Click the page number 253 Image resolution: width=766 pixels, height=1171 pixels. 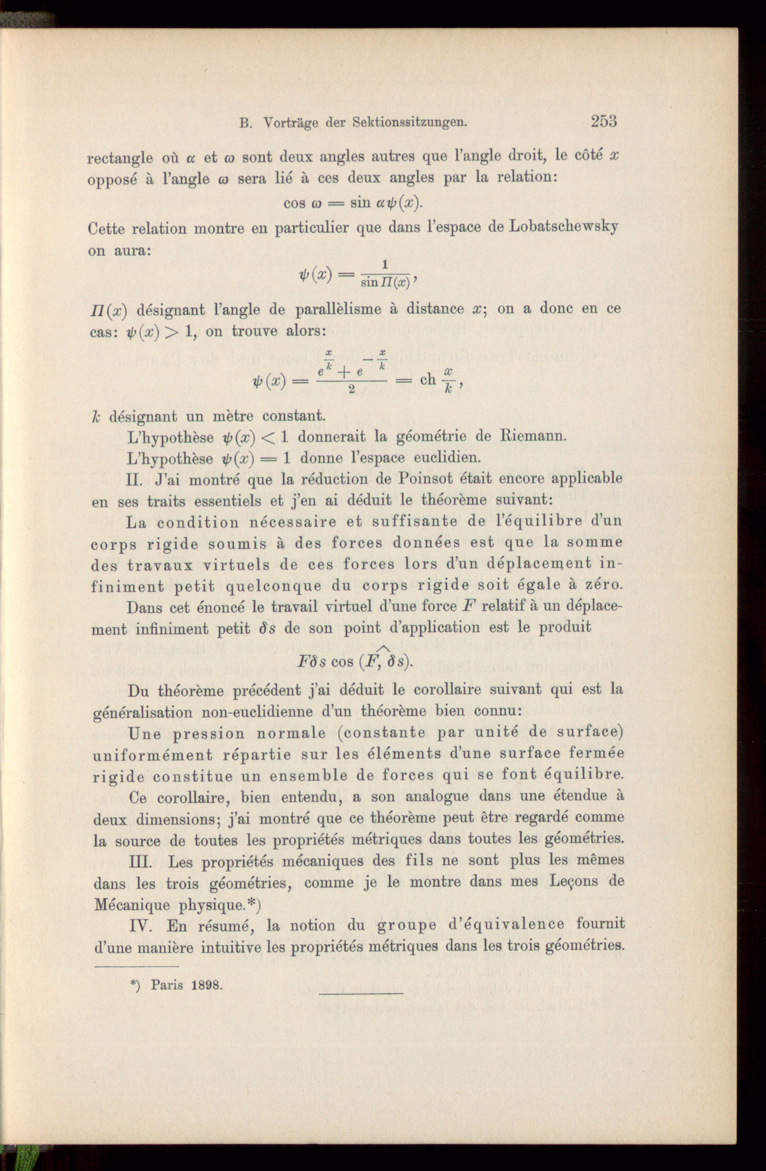pyautogui.click(x=604, y=121)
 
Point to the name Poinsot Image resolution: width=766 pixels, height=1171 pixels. pyautogui.click(x=428, y=478)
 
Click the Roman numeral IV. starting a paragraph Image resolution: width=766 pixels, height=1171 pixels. pyautogui.click(x=142, y=926)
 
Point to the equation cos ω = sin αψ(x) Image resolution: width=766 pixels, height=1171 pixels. pyautogui.click(x=353, y=203)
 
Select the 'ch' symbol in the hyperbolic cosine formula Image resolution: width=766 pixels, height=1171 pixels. pyautogui.click(x=428, y=380)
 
